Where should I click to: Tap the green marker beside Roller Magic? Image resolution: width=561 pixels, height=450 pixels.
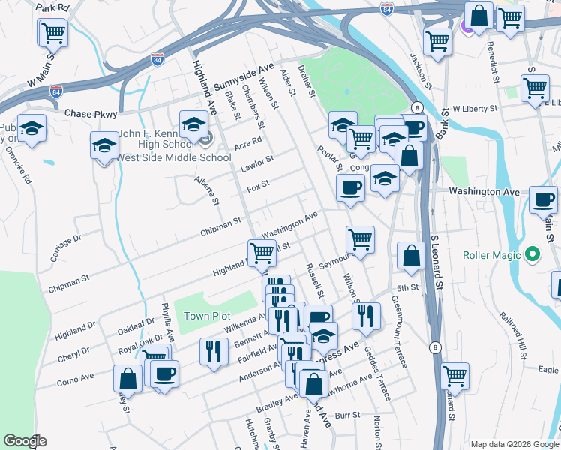pyautogui.click(x=533, y=255)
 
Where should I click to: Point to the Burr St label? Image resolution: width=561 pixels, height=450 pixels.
pyautogui.click(x=348, y=414)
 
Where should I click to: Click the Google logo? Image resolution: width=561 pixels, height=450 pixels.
pyautogui.click(x=26, y=441)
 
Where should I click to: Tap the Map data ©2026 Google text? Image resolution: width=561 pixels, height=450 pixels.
pyautogui.click(x=513, y=444)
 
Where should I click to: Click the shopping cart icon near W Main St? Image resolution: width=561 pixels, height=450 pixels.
pyautogui.click(x=53, y=31)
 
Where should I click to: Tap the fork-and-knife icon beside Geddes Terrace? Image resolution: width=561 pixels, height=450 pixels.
pyautogui.click(x=366, y=315)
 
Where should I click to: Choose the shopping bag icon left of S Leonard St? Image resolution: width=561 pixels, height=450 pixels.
pyautogui.click(x=412, y=255)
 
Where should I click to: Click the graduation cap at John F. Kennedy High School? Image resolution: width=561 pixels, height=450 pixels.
pyautogui.click(x=193, y=124)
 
